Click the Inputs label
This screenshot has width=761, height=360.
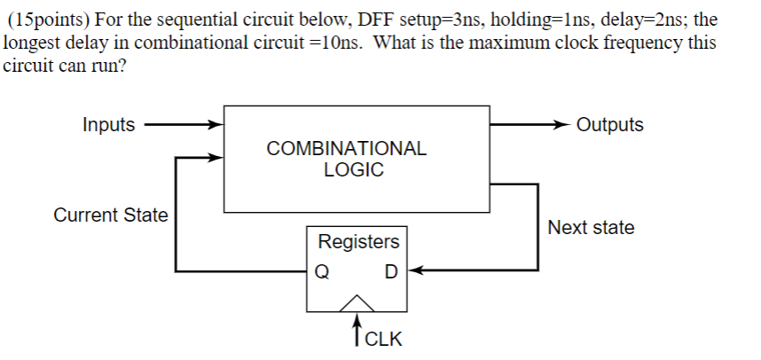point(109,125)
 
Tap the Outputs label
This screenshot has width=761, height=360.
point(609,125)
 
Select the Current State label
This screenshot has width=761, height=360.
point(110,215)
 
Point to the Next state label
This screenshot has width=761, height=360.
point(591,228)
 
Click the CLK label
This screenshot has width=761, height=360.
point(383,339)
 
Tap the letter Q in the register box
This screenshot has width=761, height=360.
point(324,271)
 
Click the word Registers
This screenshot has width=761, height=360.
point(358,242)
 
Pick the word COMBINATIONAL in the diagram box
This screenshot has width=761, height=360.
point(347,149)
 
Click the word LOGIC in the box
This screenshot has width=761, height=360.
point(354,170)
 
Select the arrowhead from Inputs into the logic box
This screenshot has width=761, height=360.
point(215,125)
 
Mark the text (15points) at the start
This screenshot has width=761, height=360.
point(44,20)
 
